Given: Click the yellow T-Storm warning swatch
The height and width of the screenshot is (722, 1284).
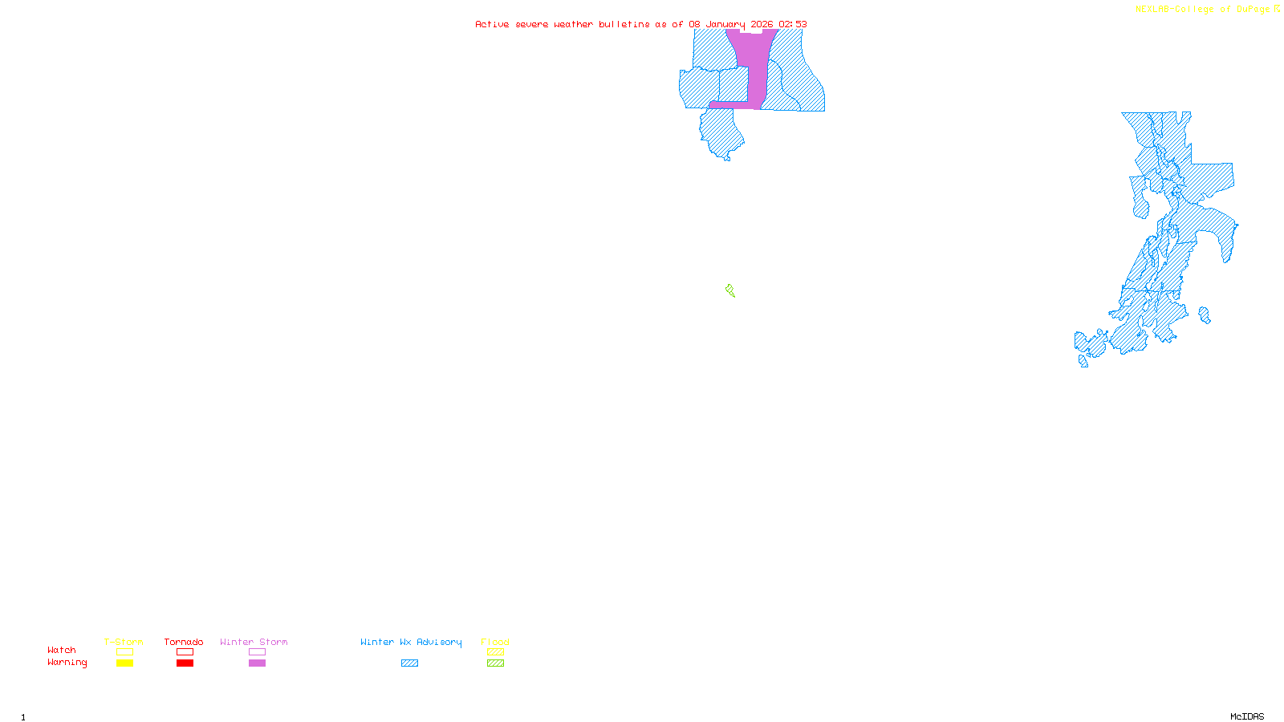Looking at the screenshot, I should tap(124, 663).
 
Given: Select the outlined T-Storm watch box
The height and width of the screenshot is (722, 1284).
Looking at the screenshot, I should tap(124, 652).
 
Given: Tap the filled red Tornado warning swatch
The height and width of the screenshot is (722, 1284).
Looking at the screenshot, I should tap(185, 663).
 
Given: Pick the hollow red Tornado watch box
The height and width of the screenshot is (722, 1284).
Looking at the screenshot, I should tap(185, 652).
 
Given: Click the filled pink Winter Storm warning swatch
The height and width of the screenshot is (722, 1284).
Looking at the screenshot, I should tap(257, 663).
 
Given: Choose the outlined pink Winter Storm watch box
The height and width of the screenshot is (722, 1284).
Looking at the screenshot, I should tap(257, 652).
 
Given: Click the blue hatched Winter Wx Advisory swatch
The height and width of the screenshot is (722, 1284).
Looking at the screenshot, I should tap(409, 663).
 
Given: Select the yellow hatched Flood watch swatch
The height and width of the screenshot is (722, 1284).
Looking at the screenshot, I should tap(495, 652).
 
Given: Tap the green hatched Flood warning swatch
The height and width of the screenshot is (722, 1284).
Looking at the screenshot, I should tap(495, 663).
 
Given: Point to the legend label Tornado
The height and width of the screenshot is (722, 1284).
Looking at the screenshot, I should tap(184, 642).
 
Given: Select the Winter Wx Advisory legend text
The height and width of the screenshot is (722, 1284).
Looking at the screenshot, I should tap(411, 642).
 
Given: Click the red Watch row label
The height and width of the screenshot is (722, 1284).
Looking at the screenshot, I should tap(62, 650).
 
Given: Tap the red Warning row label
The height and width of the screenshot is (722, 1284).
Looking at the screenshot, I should tap(67, 663).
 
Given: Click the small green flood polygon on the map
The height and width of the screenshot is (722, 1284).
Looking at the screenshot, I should tap(730, 290).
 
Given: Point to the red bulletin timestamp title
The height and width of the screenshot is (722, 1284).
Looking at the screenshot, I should tap(640, 24).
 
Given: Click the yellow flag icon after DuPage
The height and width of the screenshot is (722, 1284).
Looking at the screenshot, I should tap(1277, 9).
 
